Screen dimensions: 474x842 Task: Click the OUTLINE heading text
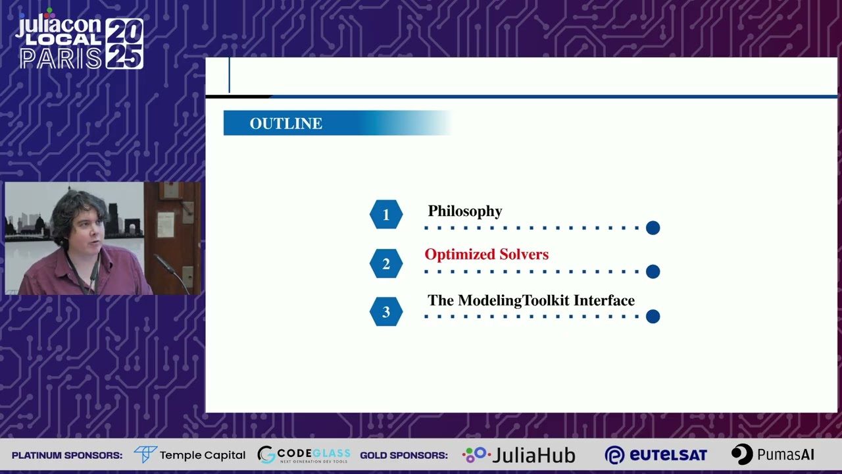(x=285, y=124)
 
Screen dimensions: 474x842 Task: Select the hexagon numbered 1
(x=386, y=215)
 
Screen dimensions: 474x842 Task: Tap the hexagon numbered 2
(x=386, y=263)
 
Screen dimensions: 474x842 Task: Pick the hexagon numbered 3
(x=386, y=312)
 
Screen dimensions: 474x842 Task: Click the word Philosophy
(x=465, y=211)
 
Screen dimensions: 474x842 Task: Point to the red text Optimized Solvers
(x=486, y=255)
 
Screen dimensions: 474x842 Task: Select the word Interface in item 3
(x=604, y=301)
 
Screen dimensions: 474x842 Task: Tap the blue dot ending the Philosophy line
(x=653, y=228)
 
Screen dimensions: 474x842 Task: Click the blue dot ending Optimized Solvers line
(x=653, y=271)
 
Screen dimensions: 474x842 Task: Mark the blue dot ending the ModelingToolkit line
(x=653, y=317)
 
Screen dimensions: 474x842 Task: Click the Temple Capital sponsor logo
(x=189, y=455)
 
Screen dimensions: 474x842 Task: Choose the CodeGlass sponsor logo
(x=303, y=455)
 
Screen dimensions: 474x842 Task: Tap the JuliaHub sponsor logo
(x=519, y=455)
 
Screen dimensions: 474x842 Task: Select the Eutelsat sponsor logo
(x=656, y=455)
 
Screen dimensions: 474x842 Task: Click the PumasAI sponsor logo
(x=773, y=455)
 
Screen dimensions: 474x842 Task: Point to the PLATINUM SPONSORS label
(x=67, y=456)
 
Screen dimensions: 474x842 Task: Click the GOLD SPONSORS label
(x=404, y=456)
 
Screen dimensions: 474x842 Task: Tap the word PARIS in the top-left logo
(x=61, y=59)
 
